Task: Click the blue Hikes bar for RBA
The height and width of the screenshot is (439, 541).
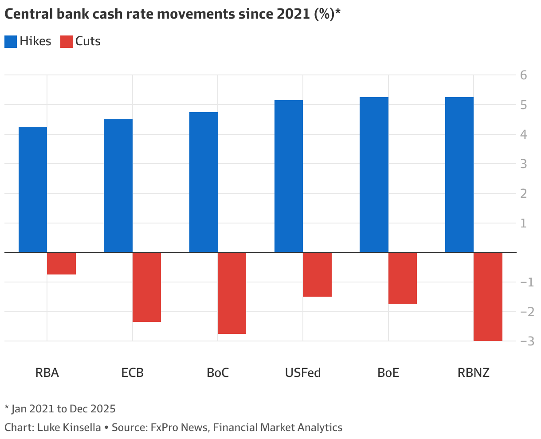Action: (33, 190)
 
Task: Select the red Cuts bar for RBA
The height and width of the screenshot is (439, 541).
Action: (61, 263)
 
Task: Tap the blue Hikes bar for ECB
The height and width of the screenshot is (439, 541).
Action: (118, 186)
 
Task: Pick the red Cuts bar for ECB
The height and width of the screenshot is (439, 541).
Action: (147, 287)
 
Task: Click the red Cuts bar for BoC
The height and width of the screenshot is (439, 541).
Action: (232, 293)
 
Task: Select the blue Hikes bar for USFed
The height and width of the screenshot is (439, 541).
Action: (289, 176)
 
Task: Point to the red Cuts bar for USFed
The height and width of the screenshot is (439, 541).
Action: (317, 274)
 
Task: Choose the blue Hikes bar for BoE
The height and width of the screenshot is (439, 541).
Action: (374, 175)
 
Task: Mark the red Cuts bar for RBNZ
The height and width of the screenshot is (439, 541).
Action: (488, 297)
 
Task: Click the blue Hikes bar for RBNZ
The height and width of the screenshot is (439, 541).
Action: (459, 175)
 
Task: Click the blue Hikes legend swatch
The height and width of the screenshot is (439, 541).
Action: (11, 42)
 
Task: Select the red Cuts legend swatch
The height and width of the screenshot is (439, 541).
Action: (66, 42)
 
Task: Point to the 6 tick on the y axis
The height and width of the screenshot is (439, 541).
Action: (524, 75)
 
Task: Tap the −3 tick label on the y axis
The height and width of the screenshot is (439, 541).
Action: (521, 341)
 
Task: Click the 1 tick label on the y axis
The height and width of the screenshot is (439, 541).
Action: (524, 223)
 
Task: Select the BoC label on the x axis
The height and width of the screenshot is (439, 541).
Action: (218, 372)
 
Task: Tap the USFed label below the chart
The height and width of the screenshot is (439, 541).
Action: (303, 372)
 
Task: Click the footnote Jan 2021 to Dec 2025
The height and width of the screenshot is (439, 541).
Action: (63, 408)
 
